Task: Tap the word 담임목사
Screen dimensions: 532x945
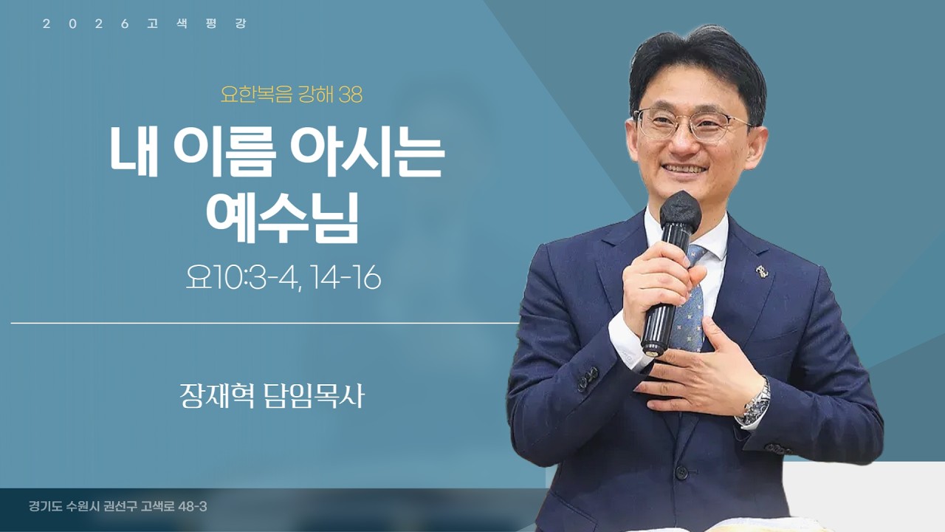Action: (x=314, y=396)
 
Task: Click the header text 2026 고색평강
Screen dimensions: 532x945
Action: (x=145, y=24)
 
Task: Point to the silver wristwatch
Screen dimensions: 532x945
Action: (x=755, y=400)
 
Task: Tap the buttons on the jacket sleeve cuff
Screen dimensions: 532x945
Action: (x=588, y=379)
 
